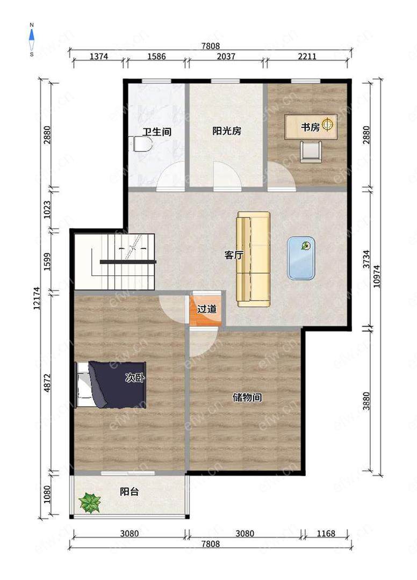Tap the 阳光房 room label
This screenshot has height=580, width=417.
[x=227, y=131]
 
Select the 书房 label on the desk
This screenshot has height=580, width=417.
[x=310, y=127]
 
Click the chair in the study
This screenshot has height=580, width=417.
[x=310, y=151]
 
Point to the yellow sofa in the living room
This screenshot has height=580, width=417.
[x=254, y=259]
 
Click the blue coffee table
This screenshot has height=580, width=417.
[x=301, y=258]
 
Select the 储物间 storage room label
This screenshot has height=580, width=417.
[x=247, y=397]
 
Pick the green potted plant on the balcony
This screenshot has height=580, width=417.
[x=90, y=503]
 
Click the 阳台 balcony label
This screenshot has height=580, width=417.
[x=129, y=491]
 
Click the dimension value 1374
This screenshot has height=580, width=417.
[x=99, y=56]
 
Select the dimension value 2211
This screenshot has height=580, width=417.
[x=307, y=56]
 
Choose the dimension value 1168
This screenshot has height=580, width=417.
[x=326, y=533]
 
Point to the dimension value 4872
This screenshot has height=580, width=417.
[x=47, y=383]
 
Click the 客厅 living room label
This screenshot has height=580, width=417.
[x=234, y=255]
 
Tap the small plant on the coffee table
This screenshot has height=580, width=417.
[x=306, y=245]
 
